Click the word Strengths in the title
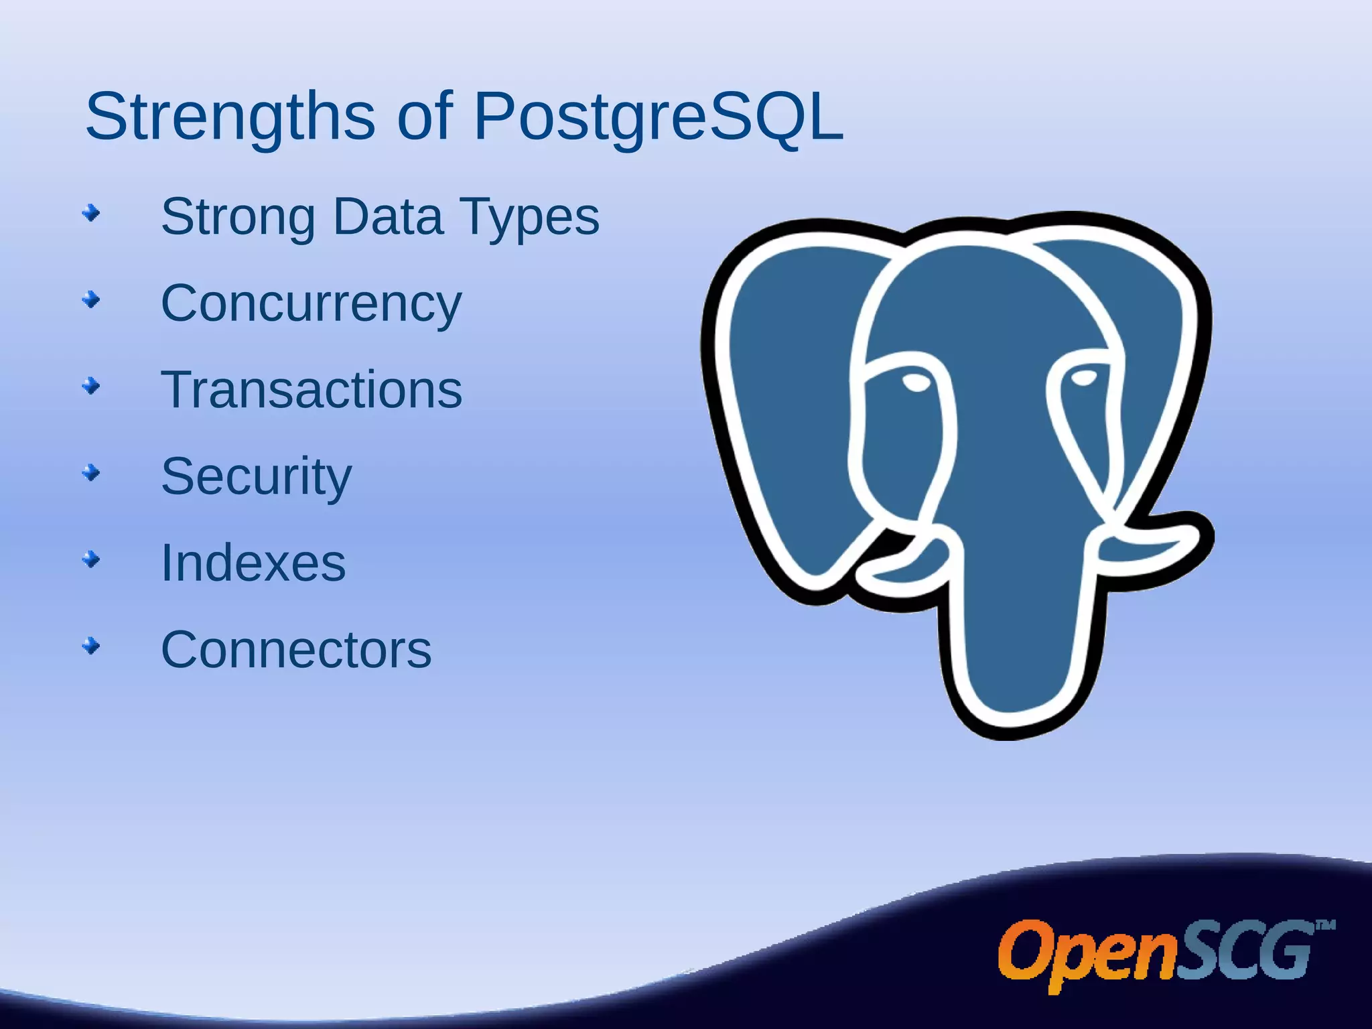click(230, 117)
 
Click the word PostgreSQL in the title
click(658, 117)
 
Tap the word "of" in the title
click(425, 117)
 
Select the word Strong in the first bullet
click(238, 217)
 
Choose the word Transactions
click(311, 390)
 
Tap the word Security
click(256, 477)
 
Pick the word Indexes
click(253, 563)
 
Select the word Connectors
click(296, 650)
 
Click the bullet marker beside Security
click(91, 474)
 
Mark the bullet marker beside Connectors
click(91, 646)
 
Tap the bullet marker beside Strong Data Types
click(91, 214)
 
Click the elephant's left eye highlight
click(916, 383)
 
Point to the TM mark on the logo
click(1325, 926)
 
